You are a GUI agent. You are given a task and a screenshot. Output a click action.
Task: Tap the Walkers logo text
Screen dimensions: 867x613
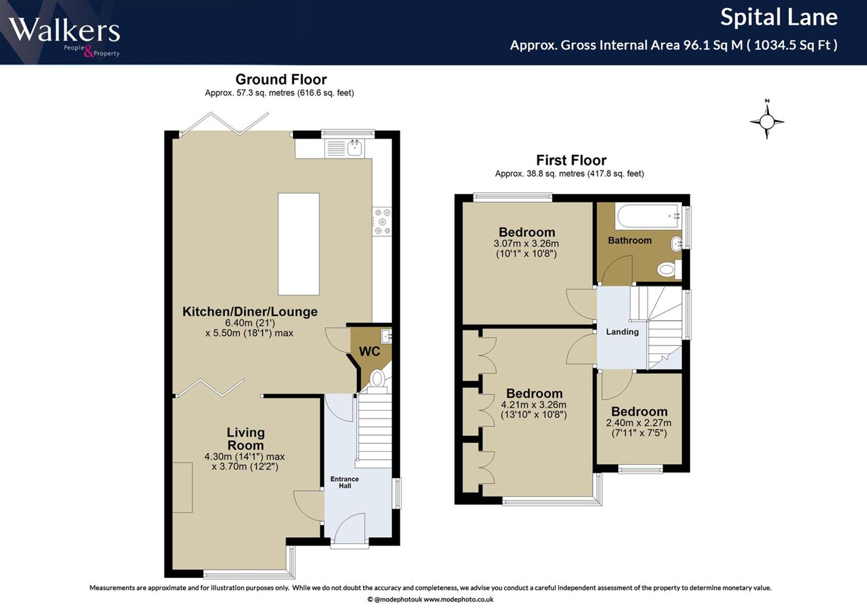pos(64,30)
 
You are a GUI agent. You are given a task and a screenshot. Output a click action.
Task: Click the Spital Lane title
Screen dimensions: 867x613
pos(779,17)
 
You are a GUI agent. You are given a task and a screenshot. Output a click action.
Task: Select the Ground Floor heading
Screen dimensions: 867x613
pos(281,79)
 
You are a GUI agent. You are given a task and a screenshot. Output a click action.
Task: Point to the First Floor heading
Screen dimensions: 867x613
pos(571,160)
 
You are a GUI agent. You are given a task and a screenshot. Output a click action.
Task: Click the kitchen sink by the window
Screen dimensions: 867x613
pos(355,148)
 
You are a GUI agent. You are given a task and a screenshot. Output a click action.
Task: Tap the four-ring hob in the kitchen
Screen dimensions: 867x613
pos(382,221)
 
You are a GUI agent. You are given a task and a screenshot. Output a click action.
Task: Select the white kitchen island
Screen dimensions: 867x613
pos(299,244)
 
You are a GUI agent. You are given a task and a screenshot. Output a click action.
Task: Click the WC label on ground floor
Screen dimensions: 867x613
pos(369,351)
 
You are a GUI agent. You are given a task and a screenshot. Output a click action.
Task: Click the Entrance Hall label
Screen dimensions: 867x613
pos(345,482)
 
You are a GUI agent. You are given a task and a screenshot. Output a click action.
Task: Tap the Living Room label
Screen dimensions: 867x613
pos(245,438)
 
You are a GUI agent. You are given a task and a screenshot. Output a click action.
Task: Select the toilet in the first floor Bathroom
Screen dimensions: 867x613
pos(669,270)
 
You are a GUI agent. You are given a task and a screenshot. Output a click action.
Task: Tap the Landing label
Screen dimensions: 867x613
pos(622,332)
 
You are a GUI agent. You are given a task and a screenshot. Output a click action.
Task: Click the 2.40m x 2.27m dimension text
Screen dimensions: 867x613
pos(639,423)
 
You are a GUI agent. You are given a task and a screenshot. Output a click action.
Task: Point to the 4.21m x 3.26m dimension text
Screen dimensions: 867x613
pos(534,405)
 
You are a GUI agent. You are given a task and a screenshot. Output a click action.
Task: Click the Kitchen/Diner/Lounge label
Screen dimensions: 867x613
pos(250,311)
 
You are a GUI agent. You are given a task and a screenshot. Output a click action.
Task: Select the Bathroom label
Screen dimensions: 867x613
pos(629,240)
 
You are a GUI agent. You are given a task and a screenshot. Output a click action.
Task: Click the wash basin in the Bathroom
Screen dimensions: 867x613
pos(676,244)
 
